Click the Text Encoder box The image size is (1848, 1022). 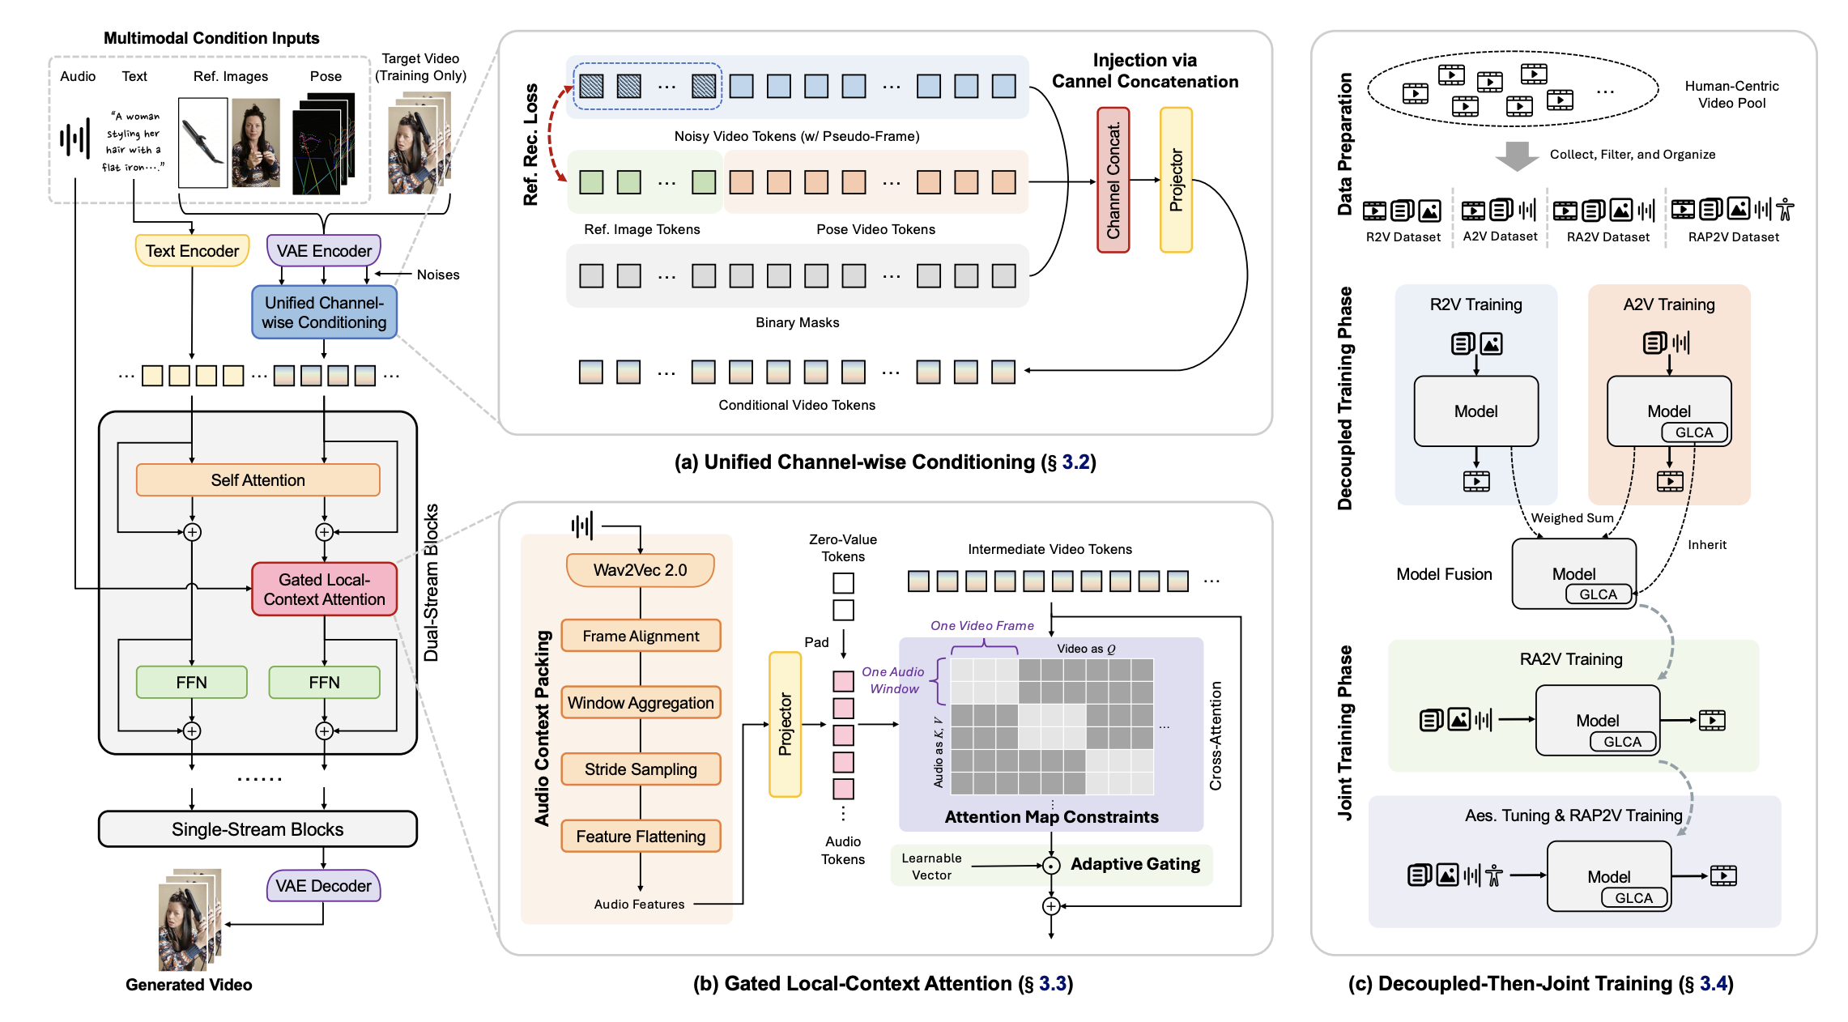192,251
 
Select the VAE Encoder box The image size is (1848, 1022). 324,251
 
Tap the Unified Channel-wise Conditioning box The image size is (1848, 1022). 324,313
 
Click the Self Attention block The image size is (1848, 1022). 258,480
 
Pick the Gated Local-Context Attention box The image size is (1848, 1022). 324,590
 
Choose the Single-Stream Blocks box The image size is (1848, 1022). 258,829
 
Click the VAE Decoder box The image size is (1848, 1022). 323,886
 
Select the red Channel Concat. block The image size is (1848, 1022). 1113,180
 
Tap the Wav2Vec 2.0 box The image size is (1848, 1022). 640,570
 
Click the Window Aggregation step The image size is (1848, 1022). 641,703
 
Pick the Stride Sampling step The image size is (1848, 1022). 641,769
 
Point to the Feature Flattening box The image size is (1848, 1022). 641,837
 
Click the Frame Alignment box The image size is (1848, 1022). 641,637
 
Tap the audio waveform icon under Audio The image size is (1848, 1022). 75,139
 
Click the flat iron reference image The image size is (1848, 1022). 202,143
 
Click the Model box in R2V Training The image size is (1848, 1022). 1475,411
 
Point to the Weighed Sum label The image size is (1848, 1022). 1572,518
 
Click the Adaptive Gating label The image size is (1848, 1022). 1135,864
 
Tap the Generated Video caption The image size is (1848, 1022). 189,985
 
